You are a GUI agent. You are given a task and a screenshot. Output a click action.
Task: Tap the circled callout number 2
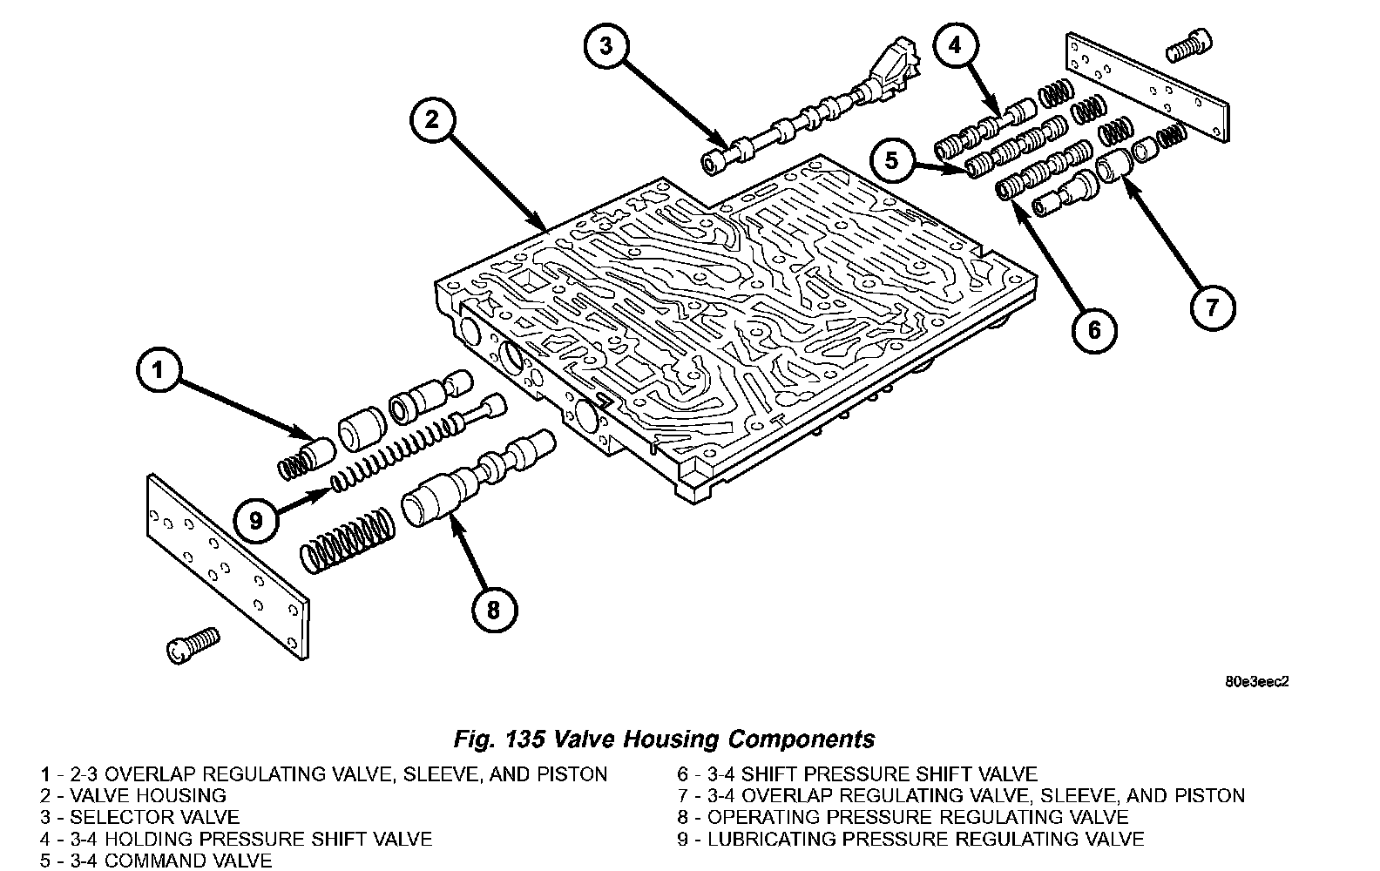point(431,121)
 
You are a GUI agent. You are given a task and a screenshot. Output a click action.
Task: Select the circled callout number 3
point(608,44)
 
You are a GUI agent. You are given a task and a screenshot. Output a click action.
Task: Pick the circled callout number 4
point(956,44)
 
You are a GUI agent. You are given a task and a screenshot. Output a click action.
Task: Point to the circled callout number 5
point(891,161)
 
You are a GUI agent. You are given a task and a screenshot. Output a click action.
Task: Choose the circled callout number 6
point(1094,329)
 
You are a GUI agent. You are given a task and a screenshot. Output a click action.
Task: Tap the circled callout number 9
point(256,521)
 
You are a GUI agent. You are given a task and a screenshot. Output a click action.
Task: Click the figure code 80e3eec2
point(1255,681)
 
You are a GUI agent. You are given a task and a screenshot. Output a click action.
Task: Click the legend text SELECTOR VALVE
point(154,817)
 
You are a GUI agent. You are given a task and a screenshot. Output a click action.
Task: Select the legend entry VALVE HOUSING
point(147,795)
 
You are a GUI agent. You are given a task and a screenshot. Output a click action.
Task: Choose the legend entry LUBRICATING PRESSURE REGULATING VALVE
point(925,840)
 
